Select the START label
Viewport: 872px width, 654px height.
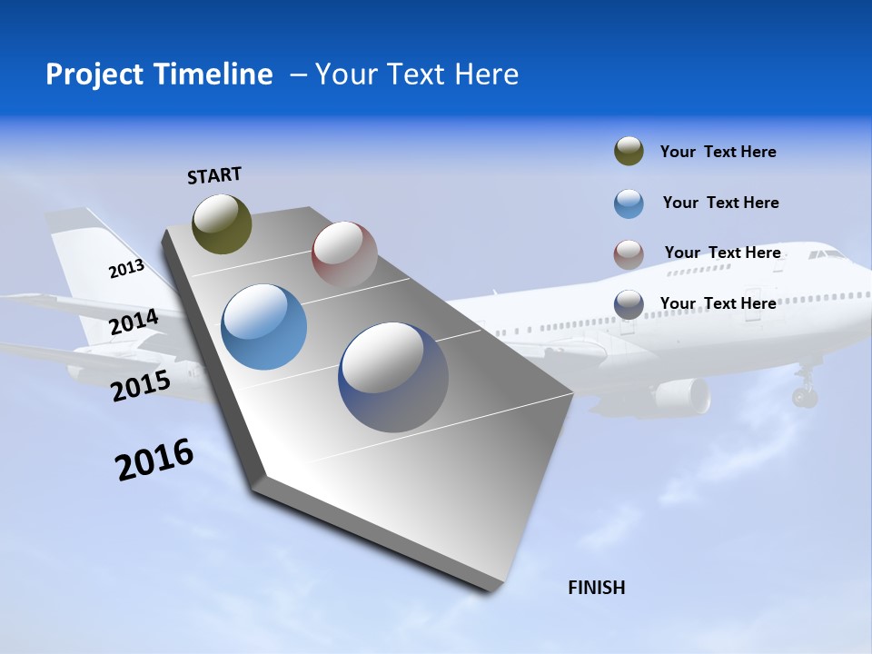(214, 175)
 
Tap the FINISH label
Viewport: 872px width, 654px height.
(596, 588)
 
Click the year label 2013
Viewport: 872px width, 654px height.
(127, 269)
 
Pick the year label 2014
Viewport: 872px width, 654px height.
(134, 322)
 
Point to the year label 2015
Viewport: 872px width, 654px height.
(141, 386)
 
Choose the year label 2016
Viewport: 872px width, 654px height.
(154, 460)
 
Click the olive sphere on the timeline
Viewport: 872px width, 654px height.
(223, 223)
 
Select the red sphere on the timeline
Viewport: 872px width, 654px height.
(344, 253)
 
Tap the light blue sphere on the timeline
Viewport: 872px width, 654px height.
(264, 327)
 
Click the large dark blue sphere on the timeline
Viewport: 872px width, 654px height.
(393, 377)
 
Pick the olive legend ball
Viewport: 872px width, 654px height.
(629, 152)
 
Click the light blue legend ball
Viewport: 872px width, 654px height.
(629, 203)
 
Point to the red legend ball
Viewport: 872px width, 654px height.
(629, 253)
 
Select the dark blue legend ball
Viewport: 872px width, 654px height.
(629, 304)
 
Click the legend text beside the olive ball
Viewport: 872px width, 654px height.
(718, 152)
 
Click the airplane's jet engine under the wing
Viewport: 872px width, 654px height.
(681, 396)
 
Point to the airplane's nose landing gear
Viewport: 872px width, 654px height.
(805, 392)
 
